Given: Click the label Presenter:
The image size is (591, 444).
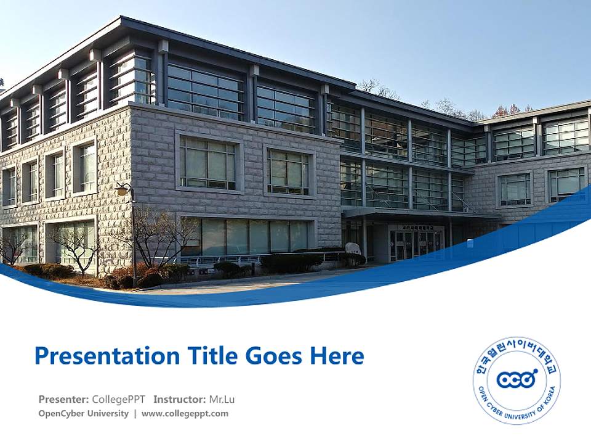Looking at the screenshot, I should (63, 399).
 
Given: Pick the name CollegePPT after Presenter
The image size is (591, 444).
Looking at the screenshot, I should (118, 399).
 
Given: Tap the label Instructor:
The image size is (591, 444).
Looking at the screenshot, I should (179, 399).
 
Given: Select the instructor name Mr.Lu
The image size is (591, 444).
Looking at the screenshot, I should (222, 399).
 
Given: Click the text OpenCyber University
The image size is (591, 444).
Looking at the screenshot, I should (83, 414).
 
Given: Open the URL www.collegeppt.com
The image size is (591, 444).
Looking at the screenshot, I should (185, 414).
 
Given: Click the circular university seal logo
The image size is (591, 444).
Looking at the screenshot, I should (517, 380).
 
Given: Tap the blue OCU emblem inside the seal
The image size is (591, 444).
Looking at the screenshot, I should (516, 378).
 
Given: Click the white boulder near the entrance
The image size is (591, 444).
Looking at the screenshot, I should (353, 249).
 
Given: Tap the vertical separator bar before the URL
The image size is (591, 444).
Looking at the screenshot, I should (135, 414).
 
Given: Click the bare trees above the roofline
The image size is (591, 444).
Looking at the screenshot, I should (443, 106).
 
